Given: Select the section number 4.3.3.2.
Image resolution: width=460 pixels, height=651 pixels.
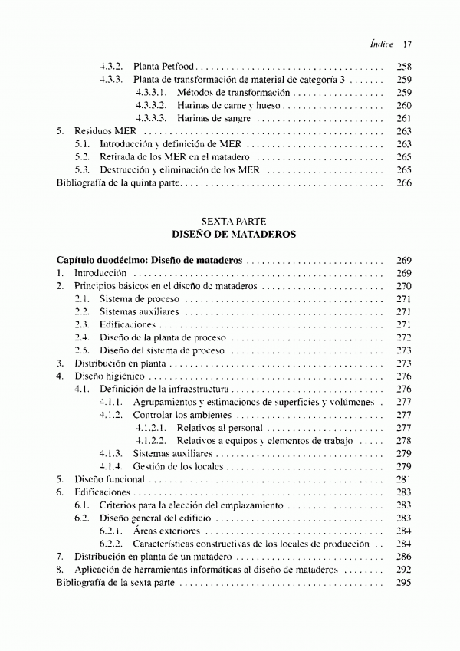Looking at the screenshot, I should pyautogui.click(x=151, y=106).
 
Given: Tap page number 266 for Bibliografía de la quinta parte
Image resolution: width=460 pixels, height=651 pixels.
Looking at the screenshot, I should pyautogui.click(x=405, y=183).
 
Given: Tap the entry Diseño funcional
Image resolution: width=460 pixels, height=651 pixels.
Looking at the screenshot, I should pyautogui.click(x=110, y=479).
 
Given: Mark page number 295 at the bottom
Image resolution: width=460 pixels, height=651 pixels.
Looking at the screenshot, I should pyautogui.click(x=405, y=583).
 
